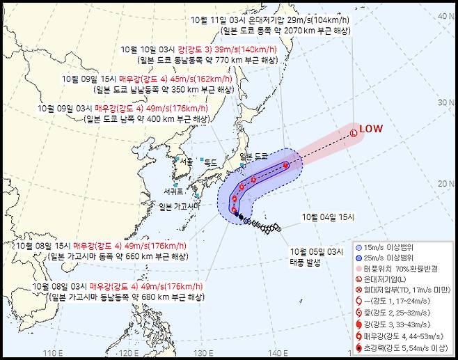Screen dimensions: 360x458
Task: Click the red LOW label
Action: point(370,129)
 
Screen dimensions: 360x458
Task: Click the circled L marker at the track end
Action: point(353,132)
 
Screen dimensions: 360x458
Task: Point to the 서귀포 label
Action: point(174,191)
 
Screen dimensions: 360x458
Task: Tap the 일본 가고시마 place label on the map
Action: point(180,206)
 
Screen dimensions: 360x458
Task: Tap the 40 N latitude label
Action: point(443,15)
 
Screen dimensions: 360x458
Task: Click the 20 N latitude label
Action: point(443,183)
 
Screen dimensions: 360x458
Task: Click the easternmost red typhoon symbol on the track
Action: point(286,166)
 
